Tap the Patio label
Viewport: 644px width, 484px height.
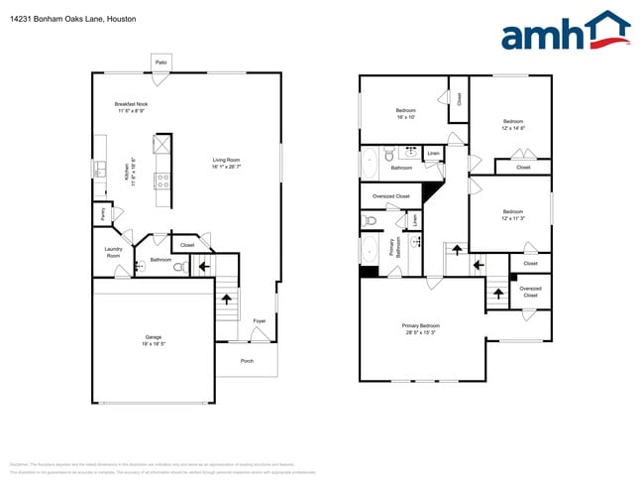(161, 62)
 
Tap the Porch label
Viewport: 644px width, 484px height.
(247, 361)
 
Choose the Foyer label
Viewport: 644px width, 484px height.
(260, 321)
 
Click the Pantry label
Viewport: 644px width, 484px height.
(102, 211)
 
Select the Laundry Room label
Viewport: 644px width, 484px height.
(113, 253)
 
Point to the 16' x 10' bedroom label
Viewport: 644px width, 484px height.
(406, 113)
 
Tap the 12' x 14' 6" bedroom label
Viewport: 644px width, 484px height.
(512, 125)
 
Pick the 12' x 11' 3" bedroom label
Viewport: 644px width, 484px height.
(512, 214)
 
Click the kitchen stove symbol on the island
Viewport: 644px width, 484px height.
(162, 180)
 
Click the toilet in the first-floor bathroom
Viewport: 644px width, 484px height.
(179, 266)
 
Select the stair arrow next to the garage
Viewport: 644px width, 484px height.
(226, 297)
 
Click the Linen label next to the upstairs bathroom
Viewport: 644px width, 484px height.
(433, 154)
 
